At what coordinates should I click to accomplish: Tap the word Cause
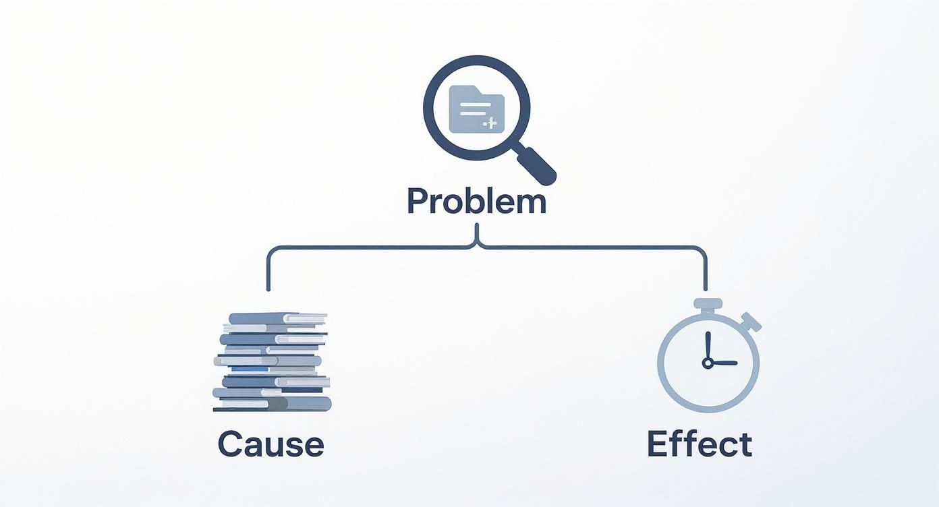271,445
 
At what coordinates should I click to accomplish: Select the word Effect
700,445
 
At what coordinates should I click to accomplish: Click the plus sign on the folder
492,123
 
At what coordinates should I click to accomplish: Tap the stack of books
272,362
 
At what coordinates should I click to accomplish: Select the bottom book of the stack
273,405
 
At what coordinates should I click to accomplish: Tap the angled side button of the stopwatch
751,322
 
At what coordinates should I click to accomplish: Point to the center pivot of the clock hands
708,363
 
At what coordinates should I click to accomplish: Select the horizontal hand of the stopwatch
723,363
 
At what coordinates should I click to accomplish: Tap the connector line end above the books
268,289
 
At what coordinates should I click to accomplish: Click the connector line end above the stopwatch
706,289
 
